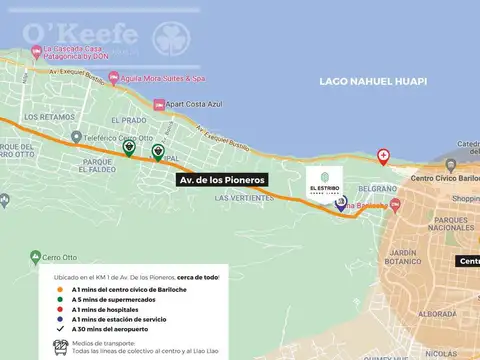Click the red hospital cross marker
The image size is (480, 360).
[x=383, y=157]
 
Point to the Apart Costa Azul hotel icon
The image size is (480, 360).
[x=159, y=104]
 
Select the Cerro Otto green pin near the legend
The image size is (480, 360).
[x=37, y=255]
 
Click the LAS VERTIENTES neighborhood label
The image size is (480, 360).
[x=242, y=198]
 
